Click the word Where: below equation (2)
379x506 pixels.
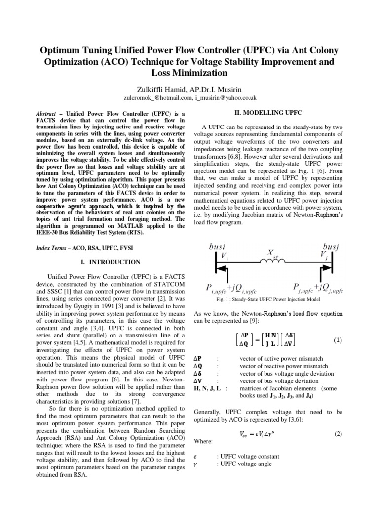point(204,441)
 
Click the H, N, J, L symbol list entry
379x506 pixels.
point(209,388)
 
